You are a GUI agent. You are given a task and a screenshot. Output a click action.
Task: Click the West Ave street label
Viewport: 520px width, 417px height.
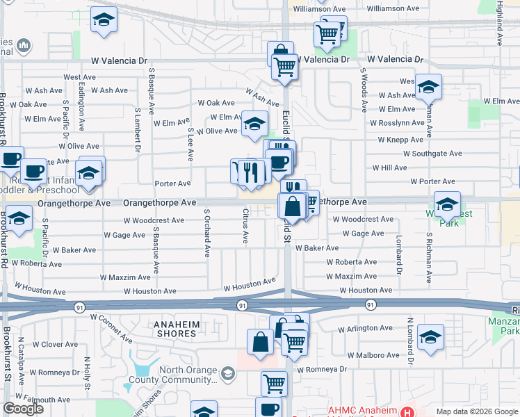[79, 77]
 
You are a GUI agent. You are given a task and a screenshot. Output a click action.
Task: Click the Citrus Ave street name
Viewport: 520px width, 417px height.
[245, 229]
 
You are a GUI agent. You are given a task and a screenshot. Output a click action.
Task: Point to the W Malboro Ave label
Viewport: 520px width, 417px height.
[370, 354]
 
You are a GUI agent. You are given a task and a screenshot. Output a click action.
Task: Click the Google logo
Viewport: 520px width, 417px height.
[22, 409]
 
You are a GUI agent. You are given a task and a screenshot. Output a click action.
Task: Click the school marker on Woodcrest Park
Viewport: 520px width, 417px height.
[447, 203]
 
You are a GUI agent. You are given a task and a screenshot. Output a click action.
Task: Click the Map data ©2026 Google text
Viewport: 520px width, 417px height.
[476, 411]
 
